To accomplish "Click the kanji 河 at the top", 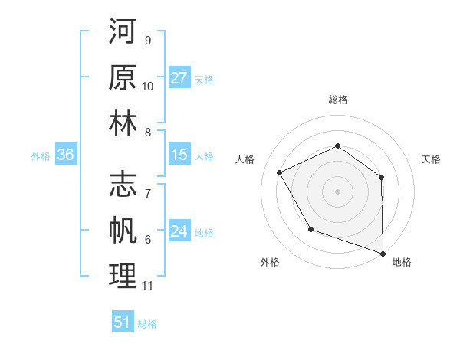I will [x=123, y=32].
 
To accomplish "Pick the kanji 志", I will [x=123, y=185].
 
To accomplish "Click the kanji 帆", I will [x=123, y=231].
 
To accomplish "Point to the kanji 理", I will [x=123, y=277].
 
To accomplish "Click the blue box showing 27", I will [x=179, y=78].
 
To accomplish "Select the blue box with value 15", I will [x=179, y=155].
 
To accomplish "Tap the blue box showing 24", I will [x=179, y=232].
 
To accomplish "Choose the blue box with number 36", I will [x=66, y=155].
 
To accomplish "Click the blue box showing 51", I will [x=123, y=322].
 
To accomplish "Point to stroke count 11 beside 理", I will [x=148, y=286].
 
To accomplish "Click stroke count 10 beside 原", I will [x=148, y=86].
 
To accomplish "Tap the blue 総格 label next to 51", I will [x=147, y=324].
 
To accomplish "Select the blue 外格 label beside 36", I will [x=41, y=156].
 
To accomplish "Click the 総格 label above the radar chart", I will [x=337, y=100].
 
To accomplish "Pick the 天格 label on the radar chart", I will [x=431, y=159].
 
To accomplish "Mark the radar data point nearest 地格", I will [x=383, y=252].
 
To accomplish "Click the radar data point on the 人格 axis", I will [x=279, y=172].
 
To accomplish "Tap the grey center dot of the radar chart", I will [x=337, y=191].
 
